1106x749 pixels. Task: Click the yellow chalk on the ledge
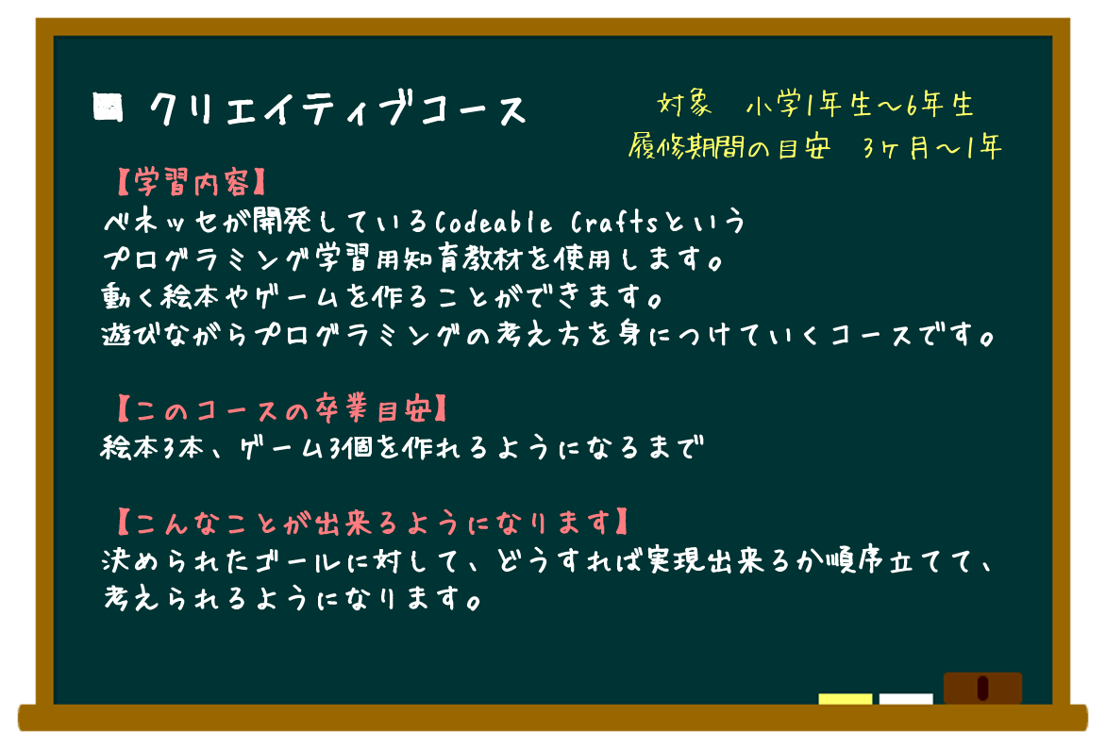845,699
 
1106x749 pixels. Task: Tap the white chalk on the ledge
906,699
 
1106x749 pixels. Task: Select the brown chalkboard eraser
982,688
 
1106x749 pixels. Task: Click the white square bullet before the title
108,108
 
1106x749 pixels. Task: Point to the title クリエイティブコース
338,109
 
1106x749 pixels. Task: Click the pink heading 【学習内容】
191,183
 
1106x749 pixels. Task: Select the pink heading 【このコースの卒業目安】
281,408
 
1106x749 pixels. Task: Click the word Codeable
493,223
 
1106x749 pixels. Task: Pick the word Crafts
613,223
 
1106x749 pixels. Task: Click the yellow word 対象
684,105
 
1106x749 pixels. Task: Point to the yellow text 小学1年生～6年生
860,105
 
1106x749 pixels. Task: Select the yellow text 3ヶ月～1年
931,147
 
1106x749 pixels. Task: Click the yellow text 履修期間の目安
729,147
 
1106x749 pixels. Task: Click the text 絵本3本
152,447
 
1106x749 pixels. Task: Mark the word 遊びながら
175,334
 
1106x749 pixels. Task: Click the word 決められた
175,561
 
